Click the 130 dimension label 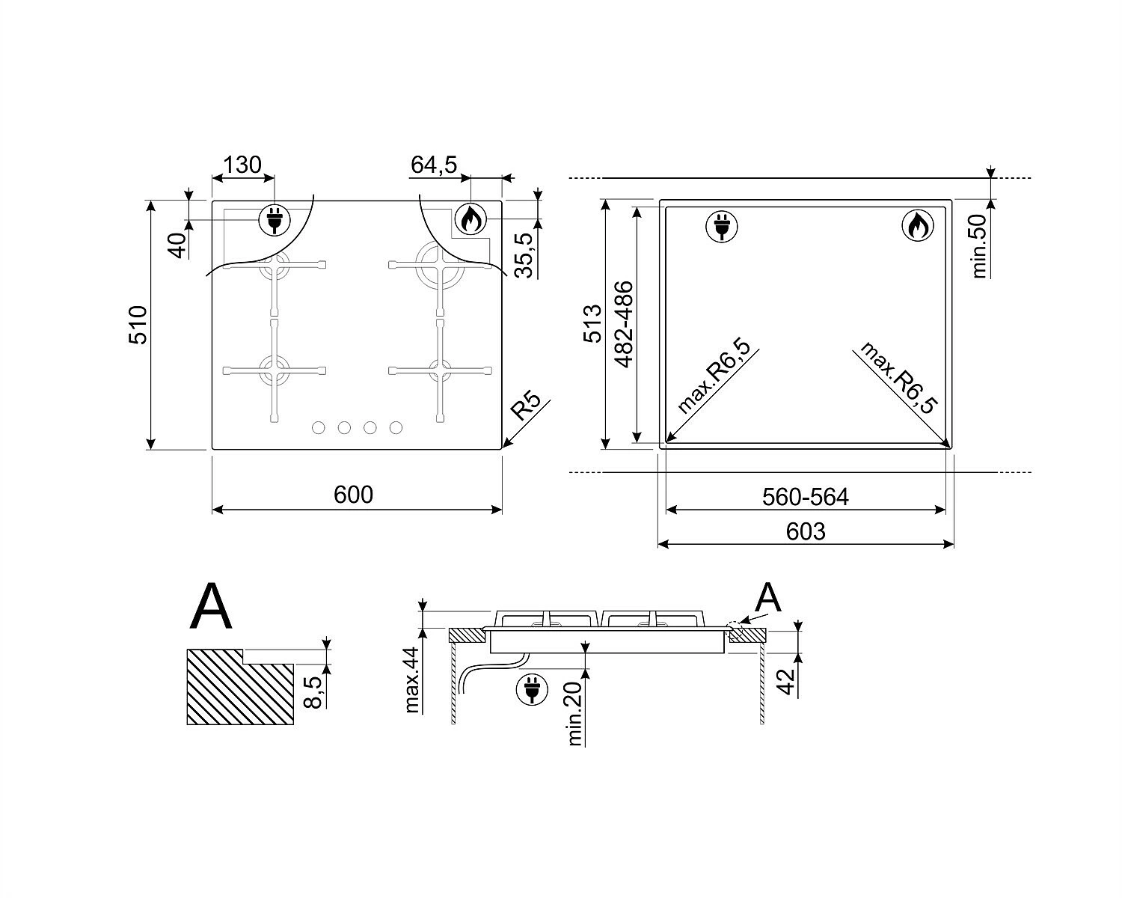(242, 165)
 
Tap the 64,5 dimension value (434, 165)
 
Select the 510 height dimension (138, 325)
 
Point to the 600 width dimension (354, 495)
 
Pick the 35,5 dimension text (524, 255)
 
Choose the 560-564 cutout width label (806, 497)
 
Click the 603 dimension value (806, 532)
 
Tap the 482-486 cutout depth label (624, 325)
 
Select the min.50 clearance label (979, 245)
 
